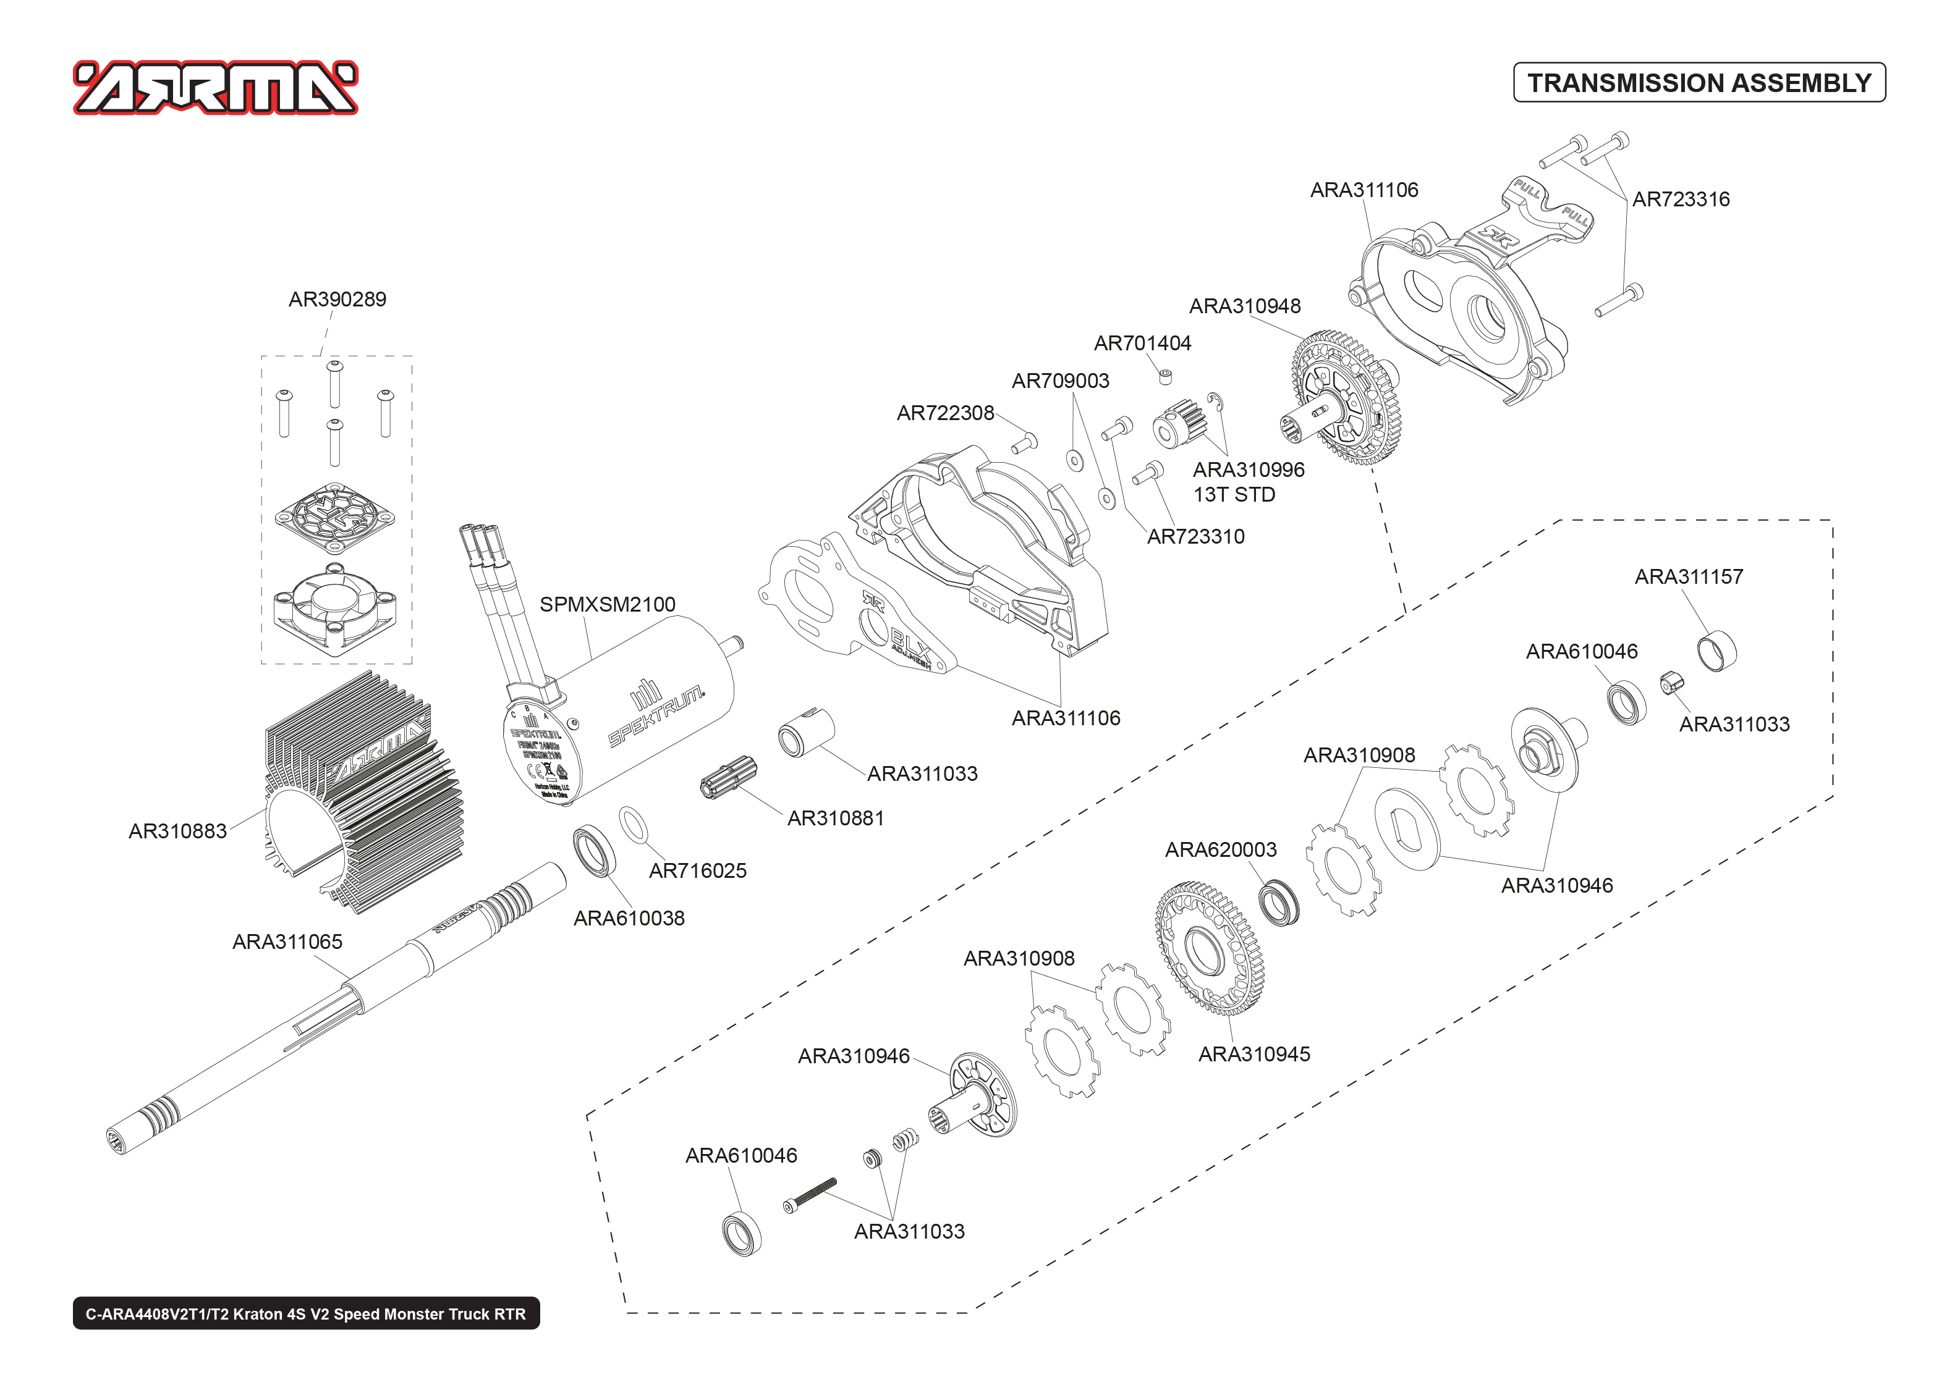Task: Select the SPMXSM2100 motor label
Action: click(x=607, y=604)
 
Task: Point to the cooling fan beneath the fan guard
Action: click(x=336, y=606)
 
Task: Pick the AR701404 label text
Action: click(x=1142, y=343)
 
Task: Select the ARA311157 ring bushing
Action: click(x=1716, y=651)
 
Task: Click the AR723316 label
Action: click(x=1680, y=200)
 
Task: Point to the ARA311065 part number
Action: click(x=287, y=941)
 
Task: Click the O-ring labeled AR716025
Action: click(x=633, y=824)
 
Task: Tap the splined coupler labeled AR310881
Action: click(x=727, y=777)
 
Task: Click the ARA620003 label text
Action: click(x=1220, y=850)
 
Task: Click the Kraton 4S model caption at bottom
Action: click(x=306, y=1314)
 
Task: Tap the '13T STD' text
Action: click(x=1234, y=495)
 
